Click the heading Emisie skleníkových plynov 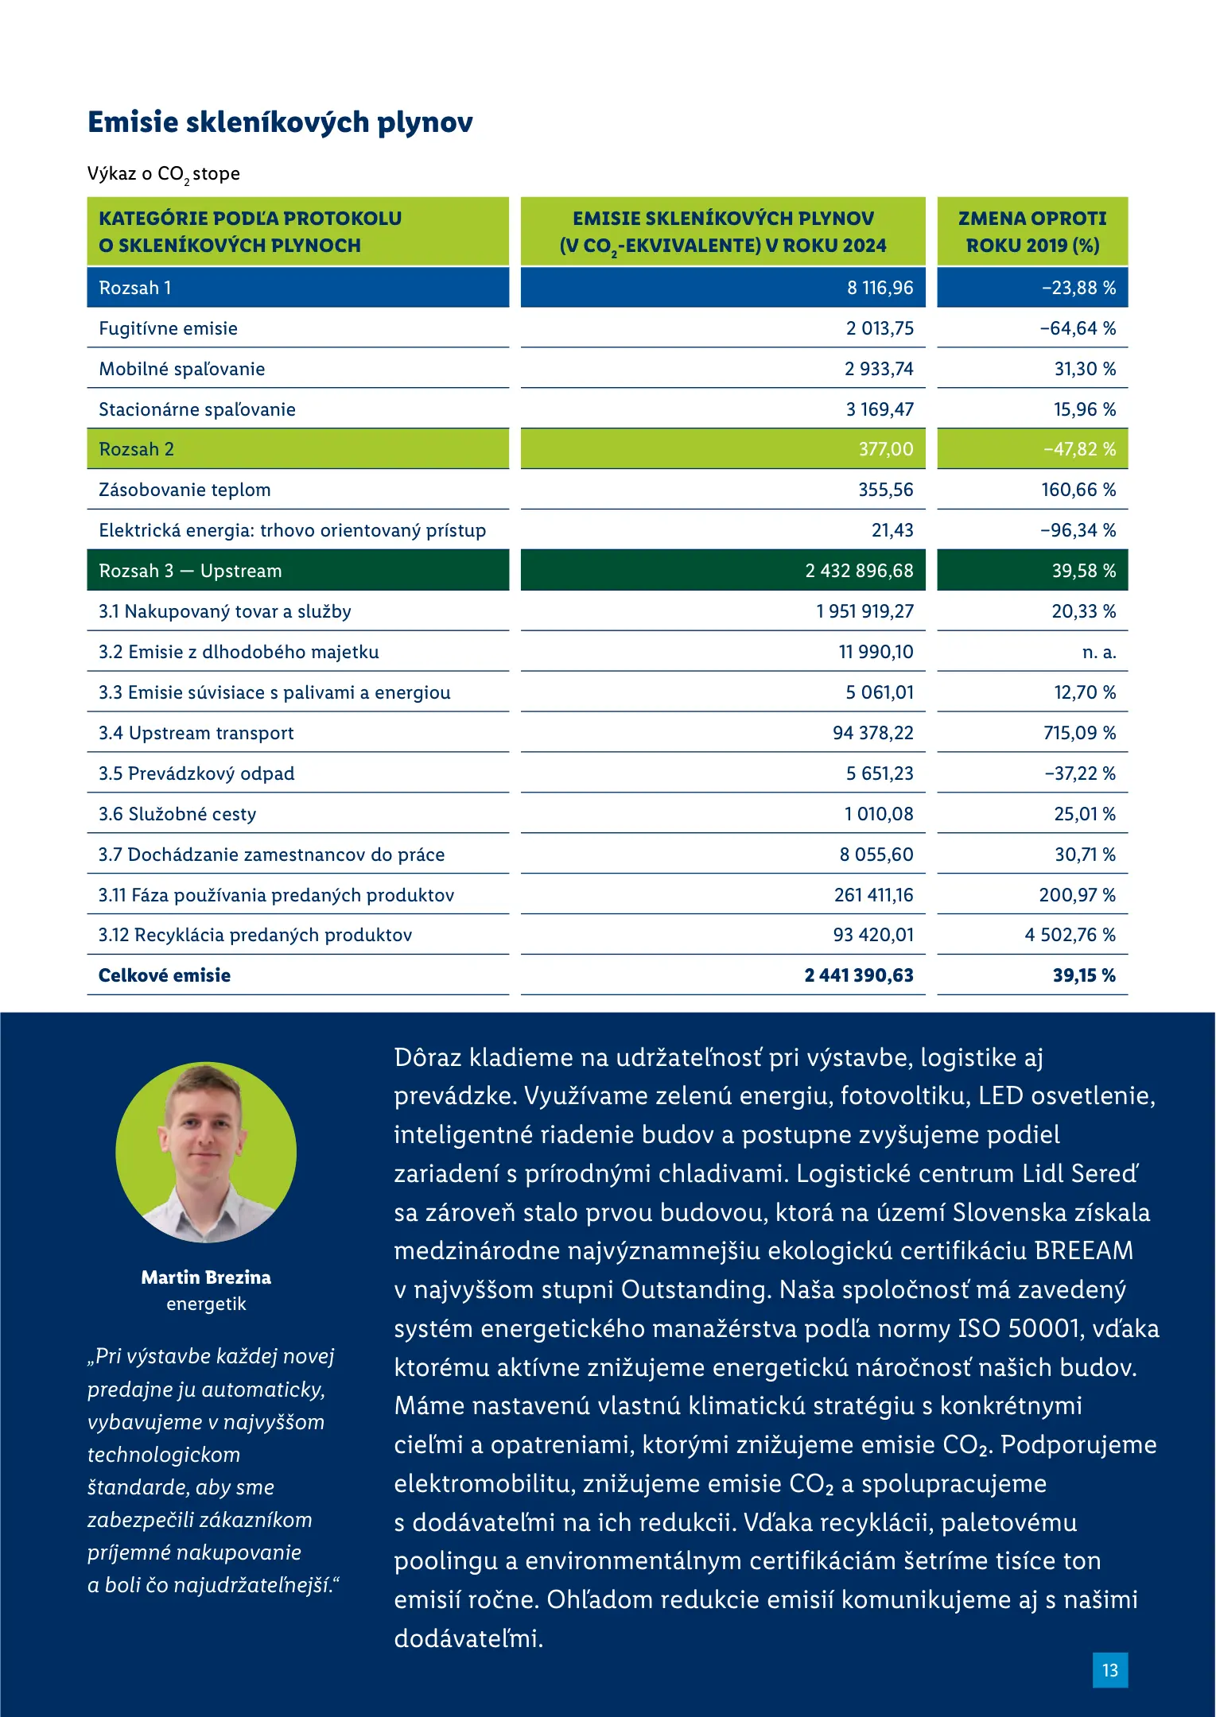(280, 122)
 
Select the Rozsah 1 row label (135, 288)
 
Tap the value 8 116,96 (880, 288)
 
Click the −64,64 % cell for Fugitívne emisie (1078, 328)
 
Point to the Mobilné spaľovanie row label (181, 369)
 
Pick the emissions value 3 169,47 (880, 409)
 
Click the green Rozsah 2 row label (136, 449)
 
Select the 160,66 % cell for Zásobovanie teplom (1078, 490)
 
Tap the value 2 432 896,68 (859, 571)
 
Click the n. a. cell (1099, 652)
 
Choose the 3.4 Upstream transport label (196, 733)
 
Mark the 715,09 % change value (1079, 733)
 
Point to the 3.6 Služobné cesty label (177, 814)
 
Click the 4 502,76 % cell (1070, 935)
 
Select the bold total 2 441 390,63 (859, 975)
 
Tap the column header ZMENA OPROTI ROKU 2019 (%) (1032, 231)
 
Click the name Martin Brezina (206, 1277)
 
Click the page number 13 (1110, 1670)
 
